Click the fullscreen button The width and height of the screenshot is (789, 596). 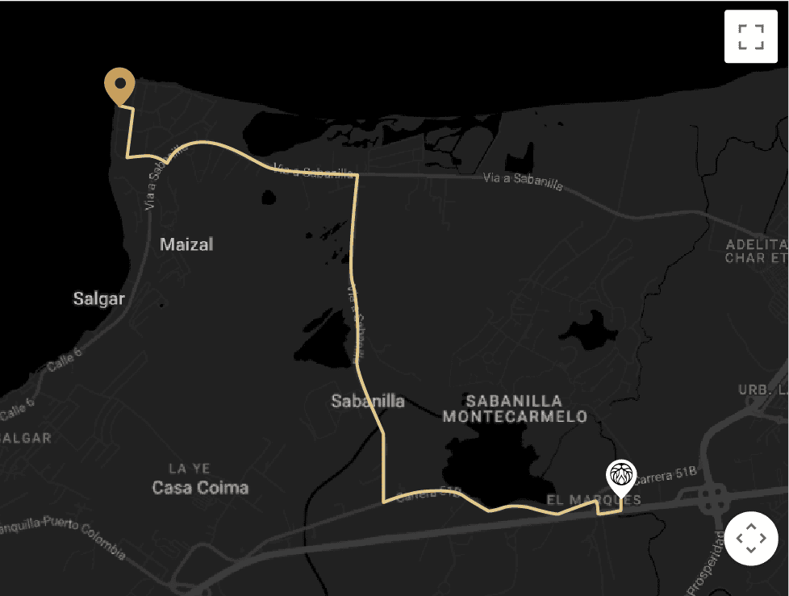750,36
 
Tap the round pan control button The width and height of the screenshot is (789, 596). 750,538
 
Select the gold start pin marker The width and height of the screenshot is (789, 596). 119,84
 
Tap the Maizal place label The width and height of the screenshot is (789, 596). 186,244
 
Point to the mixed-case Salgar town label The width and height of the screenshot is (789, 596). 99,299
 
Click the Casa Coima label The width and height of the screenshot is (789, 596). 200,488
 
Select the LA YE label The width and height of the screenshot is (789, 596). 190,469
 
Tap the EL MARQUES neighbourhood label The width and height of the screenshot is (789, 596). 594,500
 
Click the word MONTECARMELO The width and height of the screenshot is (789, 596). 515,417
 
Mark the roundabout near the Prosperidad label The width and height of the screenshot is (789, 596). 713,497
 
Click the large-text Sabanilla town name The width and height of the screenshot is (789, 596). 368,401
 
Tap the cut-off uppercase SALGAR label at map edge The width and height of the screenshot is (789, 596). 26,439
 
